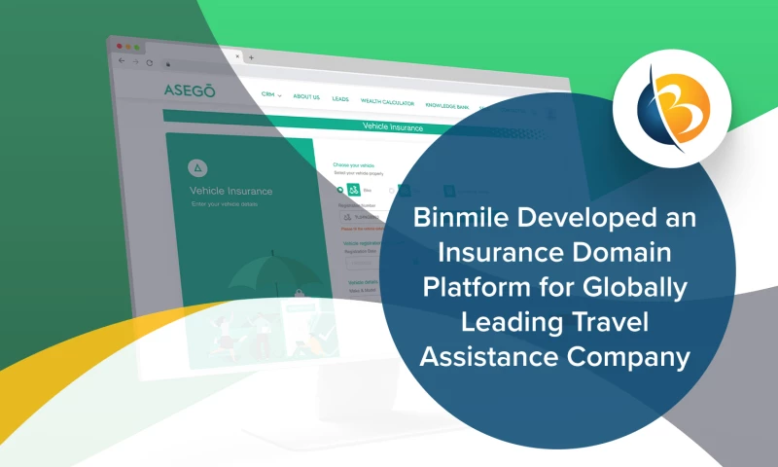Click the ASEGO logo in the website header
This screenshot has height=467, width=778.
click(190, 91)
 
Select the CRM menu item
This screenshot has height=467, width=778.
click(270, 95)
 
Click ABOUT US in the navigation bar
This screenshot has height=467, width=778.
click(306, 97)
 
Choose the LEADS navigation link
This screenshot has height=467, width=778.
click(340, 99)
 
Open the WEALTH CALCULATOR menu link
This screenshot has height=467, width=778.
click(387, 102)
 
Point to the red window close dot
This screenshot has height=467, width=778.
click(120, 46)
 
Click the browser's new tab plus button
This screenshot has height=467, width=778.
click(251, 57)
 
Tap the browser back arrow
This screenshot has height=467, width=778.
click(121, 61)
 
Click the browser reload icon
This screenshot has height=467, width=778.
click(149, 62)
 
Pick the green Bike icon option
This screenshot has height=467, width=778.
click(355, 190)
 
